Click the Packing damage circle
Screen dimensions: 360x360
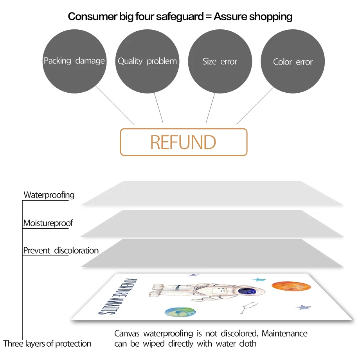pyautogui.click(x=74, y=61)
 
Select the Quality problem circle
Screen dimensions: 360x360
pyautogui.click(x=147, y=61)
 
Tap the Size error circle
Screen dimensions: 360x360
pyautogui.click(x=220, y=61)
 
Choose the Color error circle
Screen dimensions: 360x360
pyautogui.click(x=293, y=61)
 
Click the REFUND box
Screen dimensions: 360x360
pyautogui.click(x=184, y=142)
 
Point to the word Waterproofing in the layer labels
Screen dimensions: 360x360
pyautogui.click(x=49, y=195)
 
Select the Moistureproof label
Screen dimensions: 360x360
pyautogui.click(x=48, y=223)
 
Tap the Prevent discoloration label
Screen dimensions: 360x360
pyautogui.click(x=61, y=250)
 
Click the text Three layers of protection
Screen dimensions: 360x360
pyautogui.click(x=47, y=344)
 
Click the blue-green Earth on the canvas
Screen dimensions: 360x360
pyautogui.click(x=180, y=312)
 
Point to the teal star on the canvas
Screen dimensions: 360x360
pyautogui.click(x=259, y=280)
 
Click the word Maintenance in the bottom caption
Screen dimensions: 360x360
pyautogui.click(x=284, y=334)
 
